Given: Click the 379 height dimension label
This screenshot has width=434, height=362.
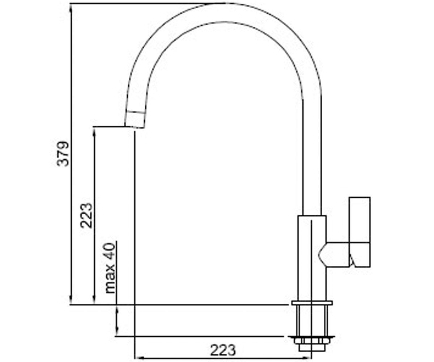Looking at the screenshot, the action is (x=63, y=154).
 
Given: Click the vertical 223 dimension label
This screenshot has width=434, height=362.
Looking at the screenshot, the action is (x=86, y=215).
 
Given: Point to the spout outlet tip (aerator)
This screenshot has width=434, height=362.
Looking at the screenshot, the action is (x=135, y=119).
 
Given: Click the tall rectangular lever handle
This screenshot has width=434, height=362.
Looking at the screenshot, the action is (x=360, y=232).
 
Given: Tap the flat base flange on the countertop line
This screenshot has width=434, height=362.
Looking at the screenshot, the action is (x=312, y=303).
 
